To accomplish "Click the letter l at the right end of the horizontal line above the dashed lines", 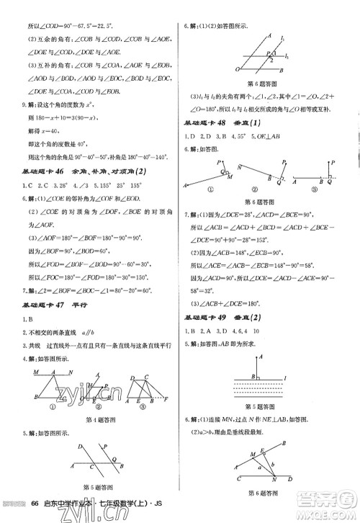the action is click(x=287, y=378).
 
